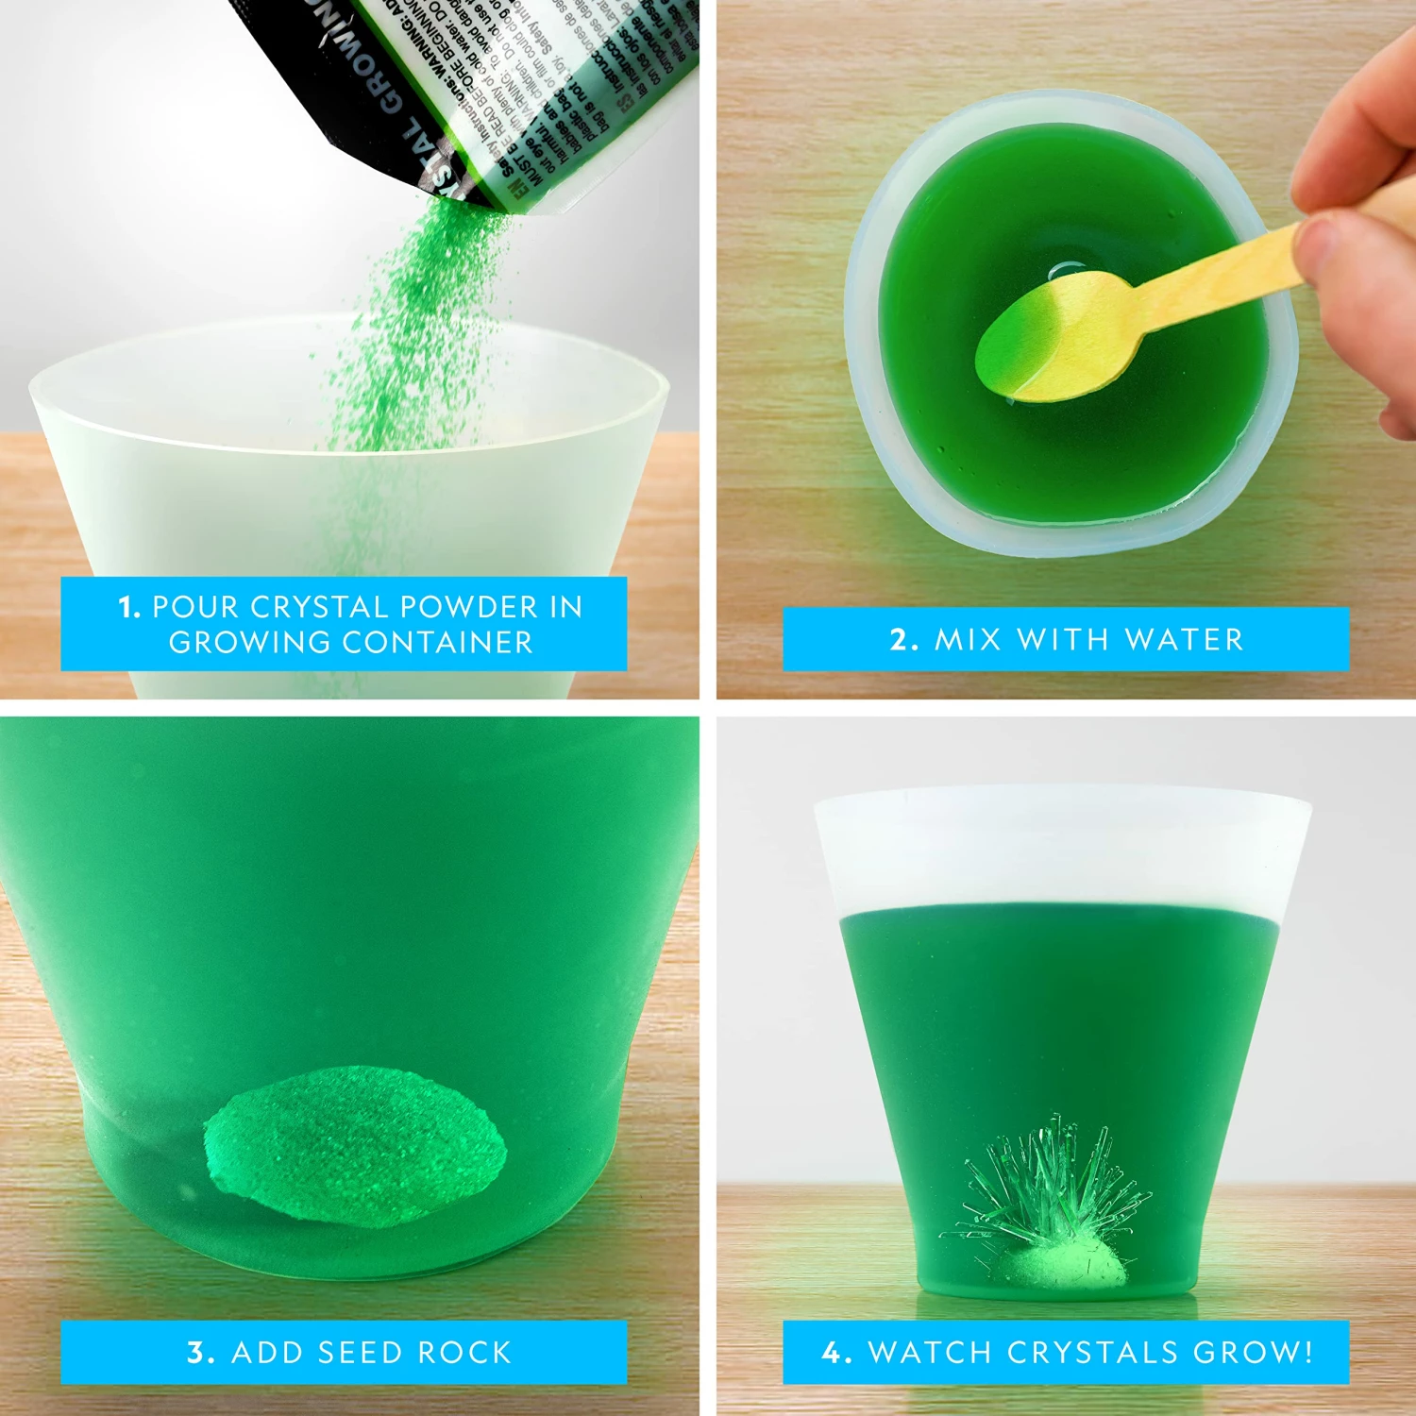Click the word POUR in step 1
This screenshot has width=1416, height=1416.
(195, 607)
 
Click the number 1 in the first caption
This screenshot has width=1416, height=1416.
(128, 607)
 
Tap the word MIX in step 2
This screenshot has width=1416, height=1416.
(968, 640)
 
